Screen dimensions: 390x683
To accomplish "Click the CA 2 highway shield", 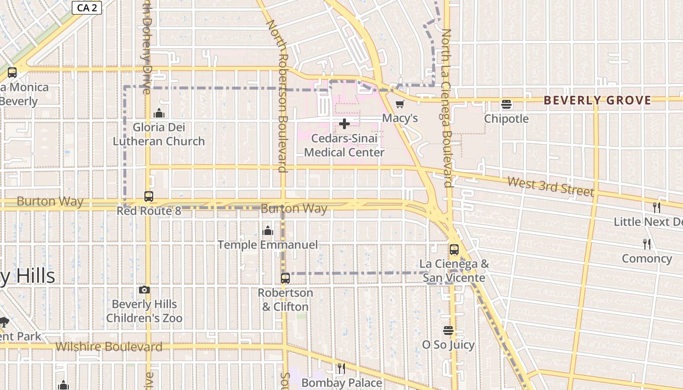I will click(x=87, y=7).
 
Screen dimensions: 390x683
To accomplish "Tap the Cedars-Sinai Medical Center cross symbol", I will click(x=344, y=124).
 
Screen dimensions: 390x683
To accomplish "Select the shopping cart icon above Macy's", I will click(x=400, y=104).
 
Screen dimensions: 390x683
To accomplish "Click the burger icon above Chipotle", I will click(x=506, y=104).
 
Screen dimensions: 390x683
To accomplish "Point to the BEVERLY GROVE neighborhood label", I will click(x=597, y=100).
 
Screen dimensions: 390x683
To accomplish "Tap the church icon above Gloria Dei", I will click(x=159, y=114).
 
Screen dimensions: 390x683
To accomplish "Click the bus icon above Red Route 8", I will click(x=149, y=196).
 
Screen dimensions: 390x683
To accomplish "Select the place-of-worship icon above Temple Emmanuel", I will click(x=268, y=231).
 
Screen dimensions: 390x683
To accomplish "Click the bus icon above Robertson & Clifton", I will click(x=285, y=278).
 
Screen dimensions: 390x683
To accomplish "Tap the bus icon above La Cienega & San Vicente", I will click(x=454, y=250).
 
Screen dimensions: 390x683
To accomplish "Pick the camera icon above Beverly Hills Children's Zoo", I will click(x=144, y=290).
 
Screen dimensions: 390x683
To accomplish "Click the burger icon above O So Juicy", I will click(x=448, y=331).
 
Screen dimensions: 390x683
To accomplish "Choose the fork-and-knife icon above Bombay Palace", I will click(x=341, y=369).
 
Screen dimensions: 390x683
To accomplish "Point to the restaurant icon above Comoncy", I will click(x=647, y=244).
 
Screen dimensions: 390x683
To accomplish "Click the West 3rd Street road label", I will click(x=550, y=186).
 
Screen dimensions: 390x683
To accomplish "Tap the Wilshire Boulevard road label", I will click(x=109, y=347).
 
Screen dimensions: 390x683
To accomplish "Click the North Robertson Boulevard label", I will click(x=280, y=96).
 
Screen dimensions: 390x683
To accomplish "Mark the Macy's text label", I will click(x=400, y=118).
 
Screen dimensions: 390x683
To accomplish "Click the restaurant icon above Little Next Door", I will click(x=657, y=207).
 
